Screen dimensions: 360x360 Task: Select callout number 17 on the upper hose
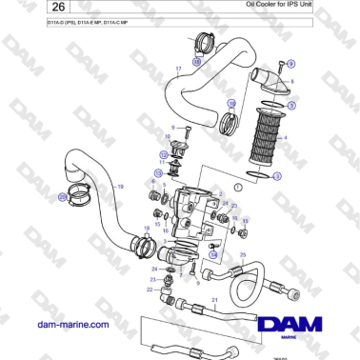177,70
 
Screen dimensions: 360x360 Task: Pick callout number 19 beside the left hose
120,187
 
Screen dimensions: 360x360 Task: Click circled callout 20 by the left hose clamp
63,197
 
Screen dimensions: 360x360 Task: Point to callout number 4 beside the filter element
287,138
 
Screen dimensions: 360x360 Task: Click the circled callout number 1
237,188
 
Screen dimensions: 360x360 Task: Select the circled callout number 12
164,152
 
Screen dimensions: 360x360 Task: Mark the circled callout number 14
213,254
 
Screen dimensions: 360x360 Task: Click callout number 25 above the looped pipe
244,255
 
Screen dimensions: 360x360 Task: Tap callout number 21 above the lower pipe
215,300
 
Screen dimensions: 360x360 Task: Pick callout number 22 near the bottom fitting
148,290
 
